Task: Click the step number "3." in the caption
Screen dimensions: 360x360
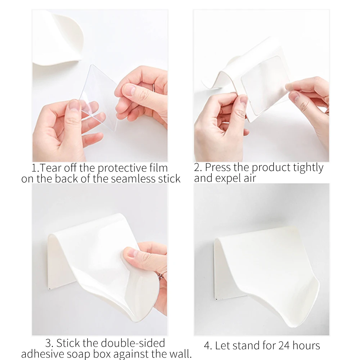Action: [50, 342]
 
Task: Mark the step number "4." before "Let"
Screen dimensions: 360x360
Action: [208, 346]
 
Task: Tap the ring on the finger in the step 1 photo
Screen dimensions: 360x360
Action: [154, 87]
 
